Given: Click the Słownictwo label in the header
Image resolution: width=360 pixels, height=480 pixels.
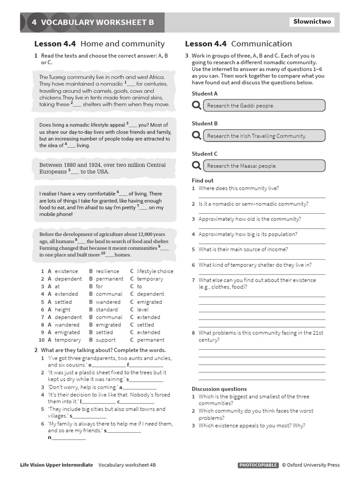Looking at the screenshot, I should coord(312,22).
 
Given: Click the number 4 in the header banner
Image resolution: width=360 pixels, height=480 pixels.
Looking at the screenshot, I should coord(34,22).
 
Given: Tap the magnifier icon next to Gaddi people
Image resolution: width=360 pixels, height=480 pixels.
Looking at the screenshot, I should coord(196,105).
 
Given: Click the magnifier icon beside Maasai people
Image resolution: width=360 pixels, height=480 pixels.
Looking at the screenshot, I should coord(196,165).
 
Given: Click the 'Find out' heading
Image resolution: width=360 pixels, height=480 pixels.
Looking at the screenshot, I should coord(202,180).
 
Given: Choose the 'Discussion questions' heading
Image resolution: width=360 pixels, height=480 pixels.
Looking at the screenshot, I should coord(219,389).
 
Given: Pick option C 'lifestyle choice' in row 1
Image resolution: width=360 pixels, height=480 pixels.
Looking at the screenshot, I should coord(155,271).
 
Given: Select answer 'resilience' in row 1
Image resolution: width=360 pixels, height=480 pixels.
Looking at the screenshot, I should coord(107,271).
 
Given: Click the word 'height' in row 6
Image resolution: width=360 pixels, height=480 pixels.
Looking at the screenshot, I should coord(62,309).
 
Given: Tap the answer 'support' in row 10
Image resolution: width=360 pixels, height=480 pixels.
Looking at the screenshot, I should coord(105,340).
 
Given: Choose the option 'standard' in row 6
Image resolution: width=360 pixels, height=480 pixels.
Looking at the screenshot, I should coord(107,309).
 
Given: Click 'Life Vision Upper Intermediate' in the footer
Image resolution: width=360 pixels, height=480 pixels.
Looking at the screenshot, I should coord(56,465).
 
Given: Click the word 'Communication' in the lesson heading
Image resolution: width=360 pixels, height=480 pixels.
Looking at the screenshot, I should coord(261,44).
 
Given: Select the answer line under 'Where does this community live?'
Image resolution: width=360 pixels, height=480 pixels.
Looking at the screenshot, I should coord(262,197).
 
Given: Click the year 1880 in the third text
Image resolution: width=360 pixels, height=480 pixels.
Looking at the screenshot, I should coord(68,165).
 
